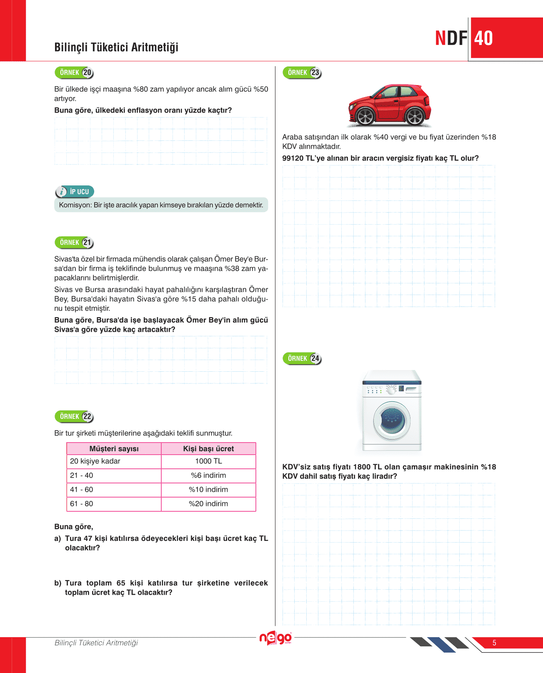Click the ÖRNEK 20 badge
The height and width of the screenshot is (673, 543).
coord(74,73)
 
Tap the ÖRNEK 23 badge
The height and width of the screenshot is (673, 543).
coord(302,73)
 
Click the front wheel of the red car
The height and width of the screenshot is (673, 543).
coord(365,117)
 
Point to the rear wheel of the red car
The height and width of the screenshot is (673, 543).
coord(415,116)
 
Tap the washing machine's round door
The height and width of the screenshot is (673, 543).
coord(392,420)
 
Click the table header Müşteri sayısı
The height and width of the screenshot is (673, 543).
coord(114,449)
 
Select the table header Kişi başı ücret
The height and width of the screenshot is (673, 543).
coord(208,449)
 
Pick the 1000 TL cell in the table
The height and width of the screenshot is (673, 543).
coord(208,461)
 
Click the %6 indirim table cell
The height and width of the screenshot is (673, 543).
coord(208,475)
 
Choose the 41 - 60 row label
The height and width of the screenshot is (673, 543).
coord(82,490)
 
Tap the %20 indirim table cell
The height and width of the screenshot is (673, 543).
coord(208,504)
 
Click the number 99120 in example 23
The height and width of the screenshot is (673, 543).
coord(293,158)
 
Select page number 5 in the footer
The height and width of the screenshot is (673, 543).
coord(494,643)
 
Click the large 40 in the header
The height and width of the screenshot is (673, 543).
coord(483,38)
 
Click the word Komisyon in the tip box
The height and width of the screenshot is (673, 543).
coord(75,205)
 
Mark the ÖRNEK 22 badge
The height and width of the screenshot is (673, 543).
coord(74,417)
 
